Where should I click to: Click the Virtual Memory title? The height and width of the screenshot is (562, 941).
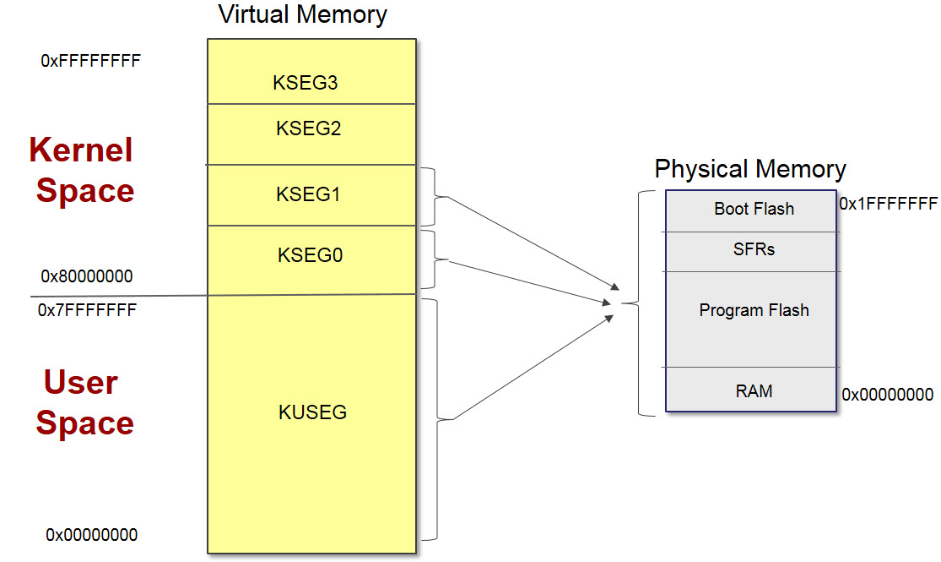pyautogui.click(x=302, y=14)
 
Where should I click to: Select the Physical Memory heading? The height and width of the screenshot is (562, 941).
pyautogui.click(x=749, y=169)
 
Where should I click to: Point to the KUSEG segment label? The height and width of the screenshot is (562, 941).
pyautogui.click(x=312, y=412)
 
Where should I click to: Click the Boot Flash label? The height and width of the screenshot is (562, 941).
pyautogui.click(x=754, y=209)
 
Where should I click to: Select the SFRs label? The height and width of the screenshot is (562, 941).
pyautogui.click(x=754, y=249)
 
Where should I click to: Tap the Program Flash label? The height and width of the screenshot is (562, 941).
pyautogui.click(x=754, y=310)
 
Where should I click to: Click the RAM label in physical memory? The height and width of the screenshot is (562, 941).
pyautogui.click(x=754, y=390)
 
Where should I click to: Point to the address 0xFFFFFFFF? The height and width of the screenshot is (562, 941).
pyautogui.click(x=90, y=61)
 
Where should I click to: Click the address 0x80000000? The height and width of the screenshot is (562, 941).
pyautogui.click(x=87, y=276)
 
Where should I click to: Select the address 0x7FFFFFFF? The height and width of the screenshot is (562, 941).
pyautogui.click(x=87, y=310)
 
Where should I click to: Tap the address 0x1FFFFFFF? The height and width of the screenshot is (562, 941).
pyautogui.click(x=888, y=204)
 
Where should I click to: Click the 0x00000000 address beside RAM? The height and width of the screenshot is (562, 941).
pyautogui.click(x=888, y=395)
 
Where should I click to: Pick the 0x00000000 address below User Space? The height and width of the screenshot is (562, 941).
pyautogui.click(x=91, y=535)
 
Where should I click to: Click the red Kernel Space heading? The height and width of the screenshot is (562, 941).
pyautogui.click(x=83, y=170)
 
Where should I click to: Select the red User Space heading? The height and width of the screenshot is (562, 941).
pyautogui.click(x=83, y=403)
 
